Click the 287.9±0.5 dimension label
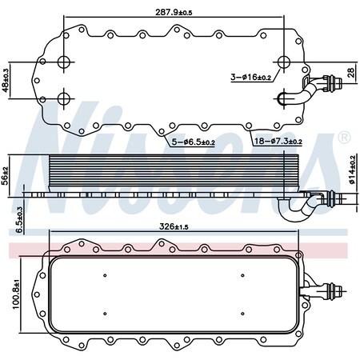174,13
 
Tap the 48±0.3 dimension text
6,80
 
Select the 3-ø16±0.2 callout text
250,78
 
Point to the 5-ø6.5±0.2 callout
193,142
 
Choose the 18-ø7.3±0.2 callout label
278,141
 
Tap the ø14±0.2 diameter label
352,170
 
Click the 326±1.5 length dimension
174,226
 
